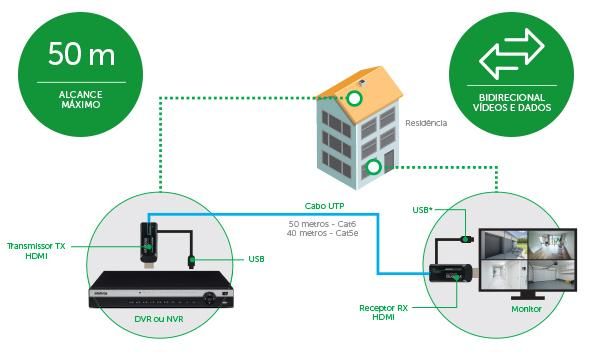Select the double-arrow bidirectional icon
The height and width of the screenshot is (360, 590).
click(511, 54)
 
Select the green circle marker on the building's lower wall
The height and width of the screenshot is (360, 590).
click(373, 167)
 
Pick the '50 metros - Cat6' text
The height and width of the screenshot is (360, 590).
click(323, 223)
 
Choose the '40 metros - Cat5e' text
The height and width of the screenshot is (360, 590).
click(324, 236)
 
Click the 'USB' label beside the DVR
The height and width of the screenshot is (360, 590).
click(256, 260)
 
